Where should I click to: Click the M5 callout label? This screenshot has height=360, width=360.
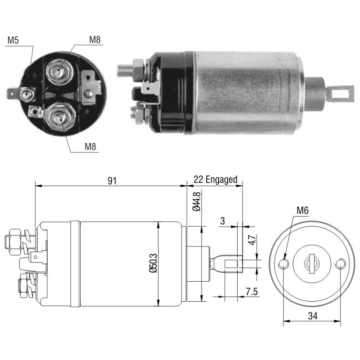point(13,40)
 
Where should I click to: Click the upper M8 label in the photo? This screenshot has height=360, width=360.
point(95,40)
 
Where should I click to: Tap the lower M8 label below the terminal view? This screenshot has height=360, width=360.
point(90,147)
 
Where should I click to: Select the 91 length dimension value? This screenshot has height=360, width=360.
point(112,181)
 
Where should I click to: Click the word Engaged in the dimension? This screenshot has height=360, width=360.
point(222,180)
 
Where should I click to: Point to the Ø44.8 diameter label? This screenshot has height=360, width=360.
point(197,201)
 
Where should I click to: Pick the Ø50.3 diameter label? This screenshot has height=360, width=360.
point(153,263)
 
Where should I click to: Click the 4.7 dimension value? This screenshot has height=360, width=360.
point(252,240)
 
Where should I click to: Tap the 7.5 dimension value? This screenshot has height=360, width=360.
point(252,292)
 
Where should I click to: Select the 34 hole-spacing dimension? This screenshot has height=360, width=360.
point(313,316)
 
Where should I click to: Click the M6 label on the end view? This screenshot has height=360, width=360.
point(303,210)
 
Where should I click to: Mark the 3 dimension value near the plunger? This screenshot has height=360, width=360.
point(222,221)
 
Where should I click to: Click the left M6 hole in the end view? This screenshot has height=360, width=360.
point(284,264)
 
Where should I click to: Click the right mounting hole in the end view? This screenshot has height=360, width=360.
point(340,264)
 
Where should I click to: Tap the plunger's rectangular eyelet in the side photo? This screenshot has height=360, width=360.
point(340,94)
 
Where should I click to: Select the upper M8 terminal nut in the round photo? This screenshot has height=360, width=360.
point(59,72)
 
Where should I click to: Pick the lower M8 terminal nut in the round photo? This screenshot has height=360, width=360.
point(60,118)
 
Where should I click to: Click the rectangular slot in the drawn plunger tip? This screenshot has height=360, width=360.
point(231,264)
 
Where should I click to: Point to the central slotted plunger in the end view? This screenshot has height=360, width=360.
point(312,264)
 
